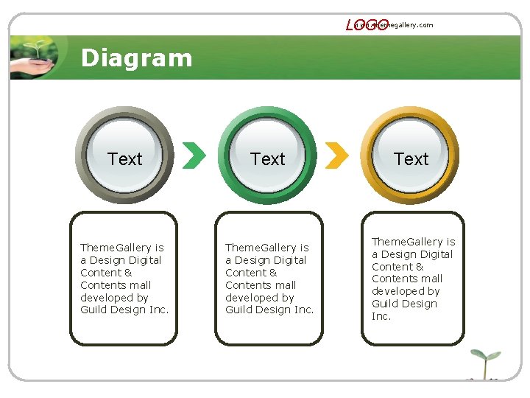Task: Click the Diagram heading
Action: (136, 58)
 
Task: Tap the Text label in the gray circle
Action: (124, 159)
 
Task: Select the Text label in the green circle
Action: (267, 159)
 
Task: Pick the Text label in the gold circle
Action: (411, 159)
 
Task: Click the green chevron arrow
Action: (194, 155)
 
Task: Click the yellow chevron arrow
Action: (336, 155)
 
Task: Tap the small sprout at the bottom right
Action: (484, 363)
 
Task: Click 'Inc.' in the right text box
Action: (381, 316)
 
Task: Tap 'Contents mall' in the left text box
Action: (116, 285)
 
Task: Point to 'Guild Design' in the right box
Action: (404, 304)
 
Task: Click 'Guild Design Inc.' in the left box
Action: (124, 310)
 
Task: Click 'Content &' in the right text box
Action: (397, 267)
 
